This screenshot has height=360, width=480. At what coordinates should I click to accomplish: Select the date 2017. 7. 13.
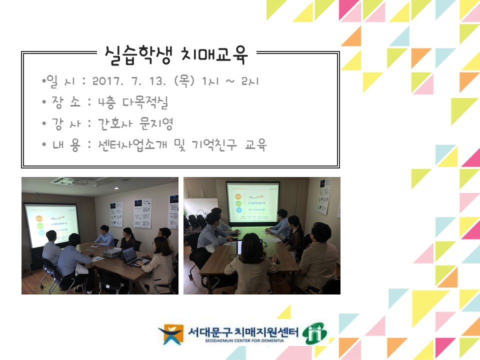(x=131, y=80)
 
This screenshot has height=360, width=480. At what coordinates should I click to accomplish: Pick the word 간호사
(x=111, y=123)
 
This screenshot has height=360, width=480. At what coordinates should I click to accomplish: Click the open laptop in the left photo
(x=130, y=256)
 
